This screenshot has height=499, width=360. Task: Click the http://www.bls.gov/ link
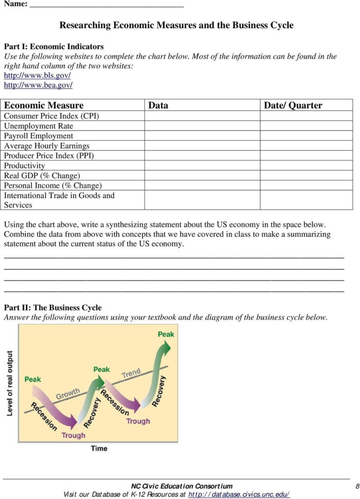pos(37,76)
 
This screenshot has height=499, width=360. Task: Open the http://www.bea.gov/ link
pos(38,85)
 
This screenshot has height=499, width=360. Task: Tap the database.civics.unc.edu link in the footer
pos(239,494)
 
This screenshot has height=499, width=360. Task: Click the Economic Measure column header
pos(44,106)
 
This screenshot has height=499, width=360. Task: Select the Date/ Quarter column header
pos(293,106)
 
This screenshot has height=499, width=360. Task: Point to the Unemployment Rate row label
pos(38,126)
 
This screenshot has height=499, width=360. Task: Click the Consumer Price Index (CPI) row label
pos(52,116)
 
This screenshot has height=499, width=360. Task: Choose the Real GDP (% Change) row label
pos(42,176)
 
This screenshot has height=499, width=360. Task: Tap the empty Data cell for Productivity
pos(202,166)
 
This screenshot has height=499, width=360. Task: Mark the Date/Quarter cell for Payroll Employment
pos(306,136)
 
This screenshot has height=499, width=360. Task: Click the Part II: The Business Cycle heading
pos(52,308)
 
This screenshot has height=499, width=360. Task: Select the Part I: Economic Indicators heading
pos(54,46)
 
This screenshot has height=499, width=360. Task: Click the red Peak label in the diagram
pos(33,379)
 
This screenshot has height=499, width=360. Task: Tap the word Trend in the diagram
pos(131,374)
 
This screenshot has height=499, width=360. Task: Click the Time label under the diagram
pos(99,448)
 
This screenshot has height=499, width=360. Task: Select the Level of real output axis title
pos(10,383)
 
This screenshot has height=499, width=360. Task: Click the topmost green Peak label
pos(165,334)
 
